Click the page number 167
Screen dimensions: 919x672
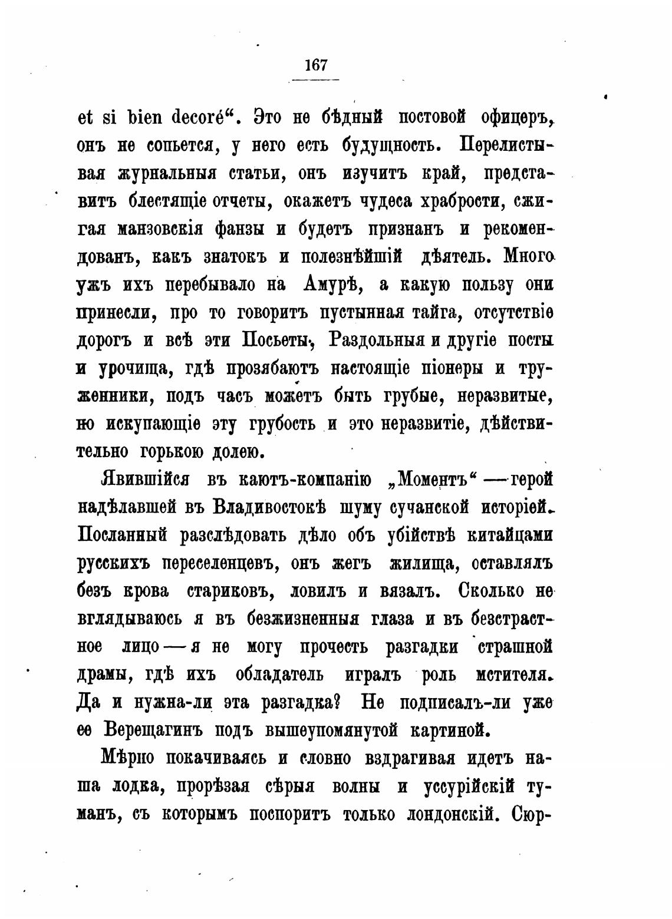coord(316,65)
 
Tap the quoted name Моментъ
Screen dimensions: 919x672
coord(433,480)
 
